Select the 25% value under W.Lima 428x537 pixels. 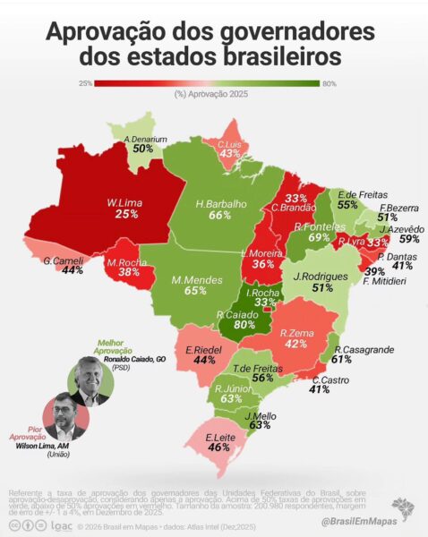coord(126,215)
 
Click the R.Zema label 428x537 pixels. coord(302,330)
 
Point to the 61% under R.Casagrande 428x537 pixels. coord(341,359)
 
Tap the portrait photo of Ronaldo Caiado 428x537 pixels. coord(90,383)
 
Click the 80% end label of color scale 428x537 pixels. coord(329,83)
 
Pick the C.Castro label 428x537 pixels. coord(326,379)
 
